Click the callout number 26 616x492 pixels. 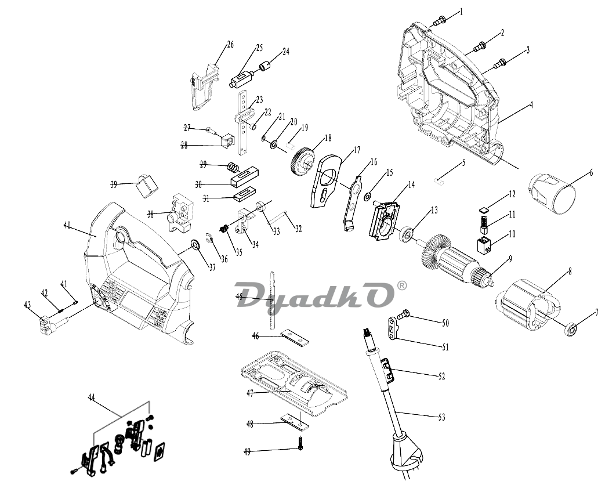[x=230, y=45]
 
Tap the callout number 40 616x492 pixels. [x=67, y=225]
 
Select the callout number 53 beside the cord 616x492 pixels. [x=441, y=417]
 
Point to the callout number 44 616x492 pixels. [x=91, y=397]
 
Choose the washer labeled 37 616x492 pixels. [x=195, y=245]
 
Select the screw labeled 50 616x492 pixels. [x=403, y=314]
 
